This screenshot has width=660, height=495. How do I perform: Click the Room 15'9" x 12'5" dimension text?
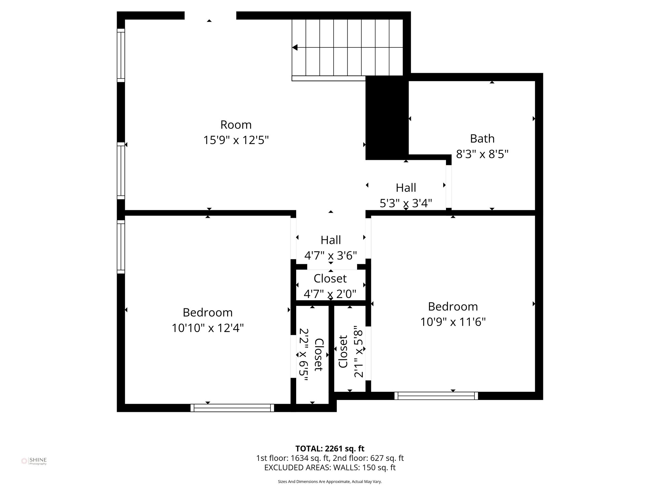[x=236, y=140]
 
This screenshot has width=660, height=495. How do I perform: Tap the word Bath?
[x=482, y=139]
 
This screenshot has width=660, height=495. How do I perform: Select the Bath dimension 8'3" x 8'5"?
[x=482, y=154]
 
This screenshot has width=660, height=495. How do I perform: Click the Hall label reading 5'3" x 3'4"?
[x=406, y=203]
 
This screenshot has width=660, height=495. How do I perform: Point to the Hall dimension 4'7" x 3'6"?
[x=331, y=256]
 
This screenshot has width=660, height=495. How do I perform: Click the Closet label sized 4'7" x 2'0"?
[x=330, y=294]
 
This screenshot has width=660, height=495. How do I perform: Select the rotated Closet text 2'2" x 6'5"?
[x=304, y=354]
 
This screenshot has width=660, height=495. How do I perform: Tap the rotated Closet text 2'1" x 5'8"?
[x=358, y=354]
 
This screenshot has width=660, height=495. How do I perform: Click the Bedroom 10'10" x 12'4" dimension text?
[x=208, y=328]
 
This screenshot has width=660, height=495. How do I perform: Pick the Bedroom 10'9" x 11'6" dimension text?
[x=453, y=322]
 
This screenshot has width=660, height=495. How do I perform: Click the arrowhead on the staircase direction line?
[x=295, y=48]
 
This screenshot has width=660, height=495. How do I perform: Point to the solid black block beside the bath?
[x=387, y=118]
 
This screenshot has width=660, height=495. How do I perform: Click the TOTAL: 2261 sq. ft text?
[x=330, y=449]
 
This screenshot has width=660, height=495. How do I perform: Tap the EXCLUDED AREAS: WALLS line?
[x=330, y=468]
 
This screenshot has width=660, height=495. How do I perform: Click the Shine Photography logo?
[x=34, y=461]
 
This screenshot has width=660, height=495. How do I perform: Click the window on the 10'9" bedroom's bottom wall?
[x=436, y=396]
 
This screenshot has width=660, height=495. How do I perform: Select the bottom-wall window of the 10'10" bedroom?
[x=232, y=408]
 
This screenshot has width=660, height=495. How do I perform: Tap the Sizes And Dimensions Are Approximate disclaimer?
[x=330, y=481]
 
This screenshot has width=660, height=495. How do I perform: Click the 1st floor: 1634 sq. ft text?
[x=293, y=458]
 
